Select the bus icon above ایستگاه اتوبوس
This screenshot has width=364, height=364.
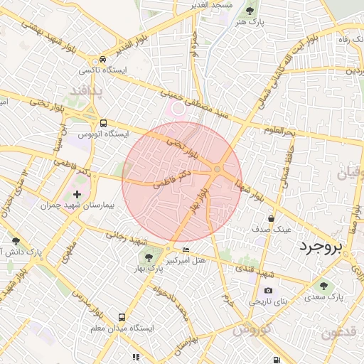pos(104,122)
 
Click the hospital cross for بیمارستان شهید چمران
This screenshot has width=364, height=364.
pos(77,193)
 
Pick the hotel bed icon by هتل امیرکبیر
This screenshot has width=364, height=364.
pos(186,250)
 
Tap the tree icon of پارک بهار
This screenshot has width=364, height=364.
pos(148,257)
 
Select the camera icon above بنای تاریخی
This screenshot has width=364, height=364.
pos(268,290)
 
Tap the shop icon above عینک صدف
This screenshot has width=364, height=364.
pos(271,218)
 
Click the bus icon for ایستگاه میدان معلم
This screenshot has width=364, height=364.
pos(122,317)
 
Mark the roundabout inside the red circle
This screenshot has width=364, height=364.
pos(218,168)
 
